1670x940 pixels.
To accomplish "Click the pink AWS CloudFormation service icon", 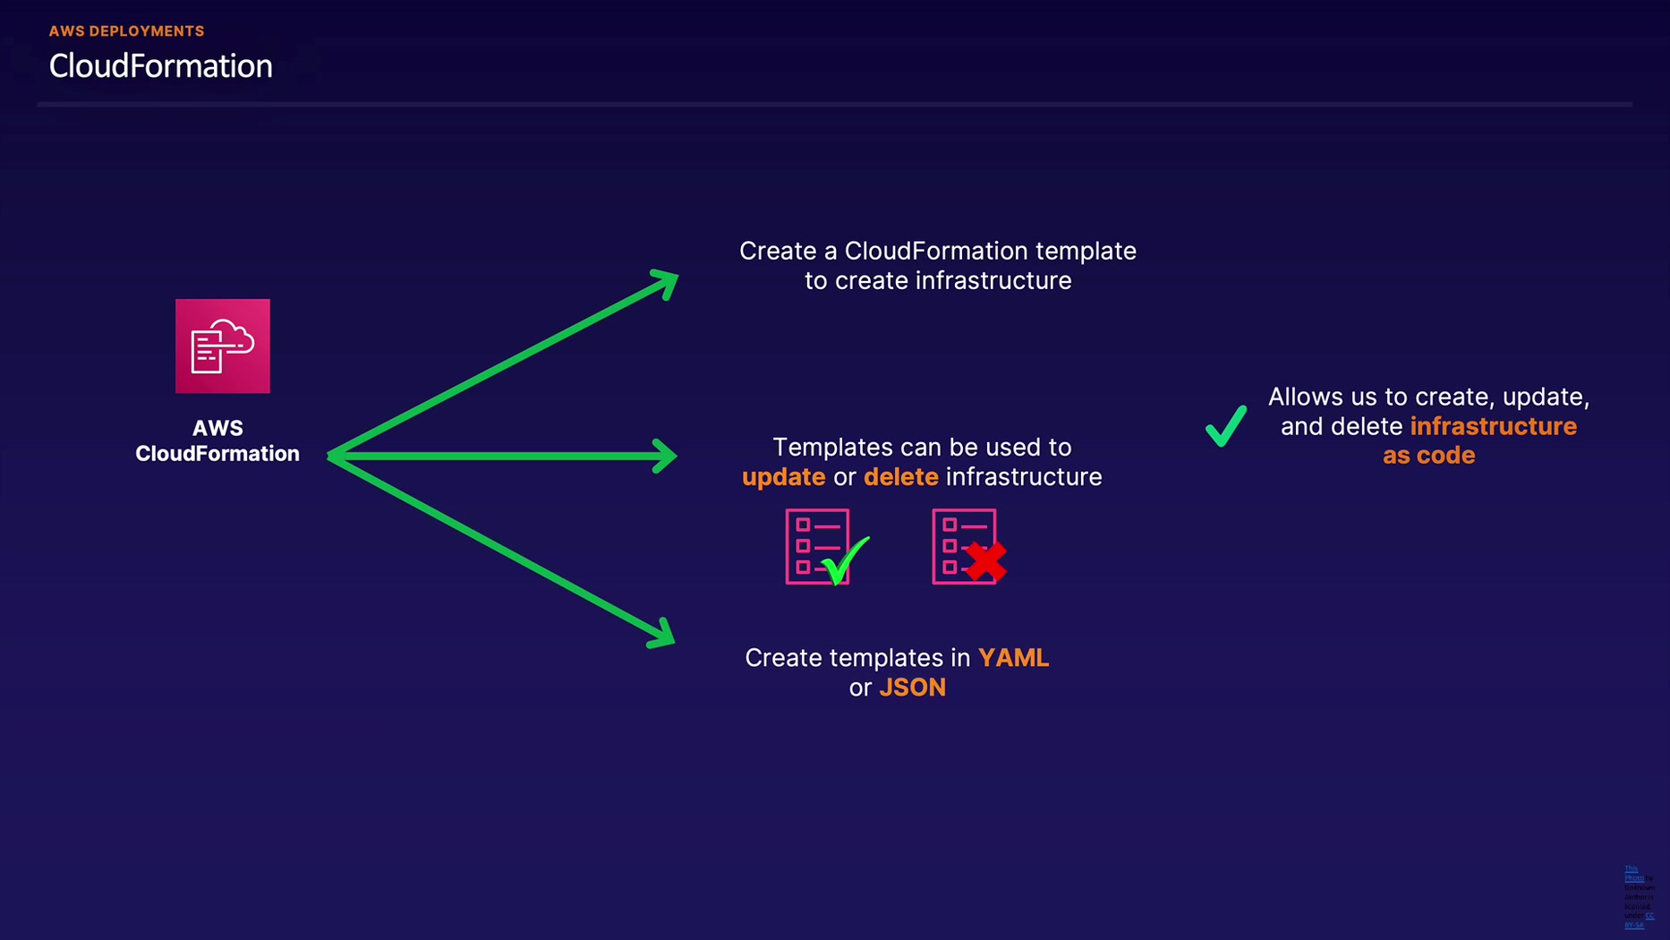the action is point(223,346).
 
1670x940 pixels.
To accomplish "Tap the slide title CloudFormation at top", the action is point(160,66).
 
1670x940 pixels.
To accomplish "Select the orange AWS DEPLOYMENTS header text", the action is point(126,31).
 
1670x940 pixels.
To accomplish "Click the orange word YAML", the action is point(1013,658).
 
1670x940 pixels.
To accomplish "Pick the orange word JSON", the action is point(912,688).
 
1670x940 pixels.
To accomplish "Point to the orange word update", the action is point(783,477).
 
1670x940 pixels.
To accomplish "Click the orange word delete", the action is point(900,477).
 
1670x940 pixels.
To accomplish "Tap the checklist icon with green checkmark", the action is point(819,547).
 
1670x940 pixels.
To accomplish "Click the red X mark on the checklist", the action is point(986,562).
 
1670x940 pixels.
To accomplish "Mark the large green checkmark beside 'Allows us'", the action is point(1226,426).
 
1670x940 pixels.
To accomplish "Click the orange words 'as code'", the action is point(1428,456).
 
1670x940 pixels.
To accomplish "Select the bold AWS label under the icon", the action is point(217,428).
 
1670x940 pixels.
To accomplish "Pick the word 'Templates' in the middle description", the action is point(831,448).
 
